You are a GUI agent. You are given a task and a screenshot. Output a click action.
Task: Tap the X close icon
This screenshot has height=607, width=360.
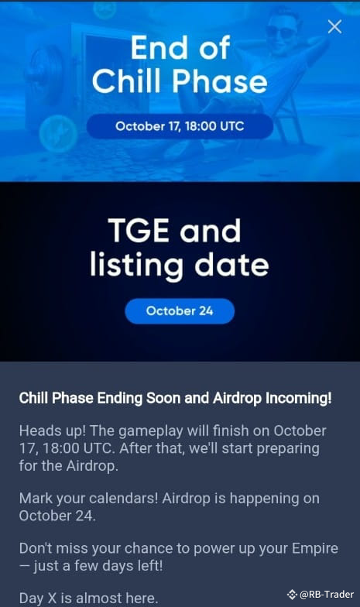pos(334,26)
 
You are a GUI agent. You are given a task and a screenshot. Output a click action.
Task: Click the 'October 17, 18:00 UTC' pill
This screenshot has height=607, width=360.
pos(180,126)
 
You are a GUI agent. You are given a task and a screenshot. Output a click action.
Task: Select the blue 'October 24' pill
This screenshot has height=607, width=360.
pos(180,311)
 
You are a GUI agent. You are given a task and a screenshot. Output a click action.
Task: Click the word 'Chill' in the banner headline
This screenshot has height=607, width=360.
pos(126,81)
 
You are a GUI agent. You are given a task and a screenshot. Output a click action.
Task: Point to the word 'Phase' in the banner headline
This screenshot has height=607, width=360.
pos(220,81)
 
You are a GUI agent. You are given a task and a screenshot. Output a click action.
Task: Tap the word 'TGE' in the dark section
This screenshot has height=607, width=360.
pos(139,231)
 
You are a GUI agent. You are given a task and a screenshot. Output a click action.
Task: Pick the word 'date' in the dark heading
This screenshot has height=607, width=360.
pos(231,265)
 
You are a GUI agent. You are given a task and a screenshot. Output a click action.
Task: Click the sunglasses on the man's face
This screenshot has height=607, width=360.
pos(280,31)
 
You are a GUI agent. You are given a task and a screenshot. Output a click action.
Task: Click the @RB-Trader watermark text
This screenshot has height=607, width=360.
pos(327,595)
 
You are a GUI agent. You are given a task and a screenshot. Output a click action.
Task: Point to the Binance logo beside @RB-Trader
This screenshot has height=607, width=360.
pos(292,595)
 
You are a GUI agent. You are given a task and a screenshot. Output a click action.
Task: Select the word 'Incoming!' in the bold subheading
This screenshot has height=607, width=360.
pos(299,398)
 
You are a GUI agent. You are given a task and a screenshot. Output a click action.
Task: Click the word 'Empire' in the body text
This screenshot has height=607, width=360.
pos(315,549)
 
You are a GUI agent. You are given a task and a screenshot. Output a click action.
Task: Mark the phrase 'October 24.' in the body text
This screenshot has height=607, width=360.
pos(57,516)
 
